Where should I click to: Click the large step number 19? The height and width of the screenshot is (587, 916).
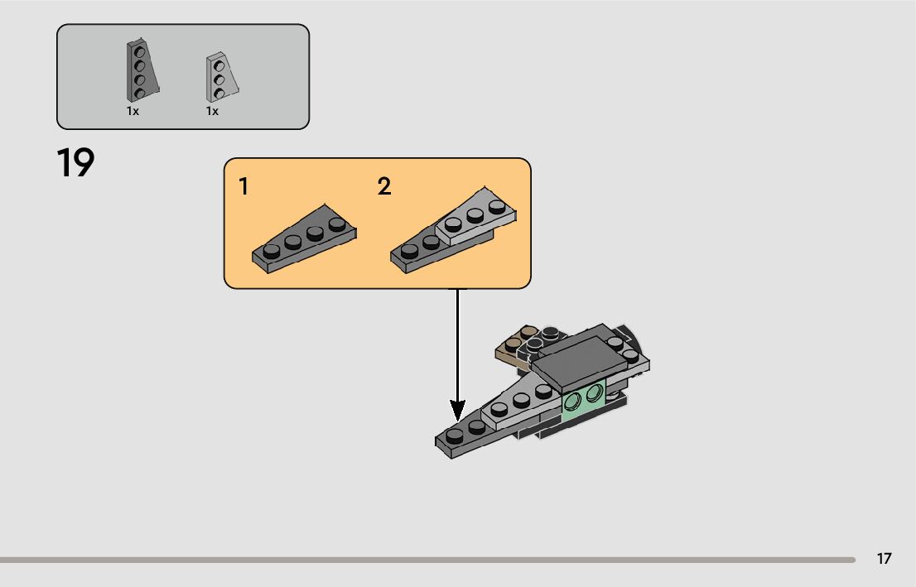pos(76,163)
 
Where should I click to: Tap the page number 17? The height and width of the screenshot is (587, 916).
pos(885,559)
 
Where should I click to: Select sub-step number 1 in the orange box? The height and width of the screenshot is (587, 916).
pos(243,187)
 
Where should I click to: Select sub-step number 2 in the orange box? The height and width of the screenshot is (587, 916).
pos(384,187)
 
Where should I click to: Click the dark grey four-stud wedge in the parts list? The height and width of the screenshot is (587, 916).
pos(140,70)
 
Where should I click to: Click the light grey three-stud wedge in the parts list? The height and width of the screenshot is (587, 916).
pos(219,78)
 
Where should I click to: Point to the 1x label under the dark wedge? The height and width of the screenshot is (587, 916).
pos(133,111)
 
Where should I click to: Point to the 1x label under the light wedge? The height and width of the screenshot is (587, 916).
pos(212,111)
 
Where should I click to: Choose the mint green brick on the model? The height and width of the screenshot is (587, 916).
pos(583,401)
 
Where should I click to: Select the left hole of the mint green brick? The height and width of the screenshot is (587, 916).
pos(574,401)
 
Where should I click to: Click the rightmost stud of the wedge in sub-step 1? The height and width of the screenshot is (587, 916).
pos(336,224)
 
